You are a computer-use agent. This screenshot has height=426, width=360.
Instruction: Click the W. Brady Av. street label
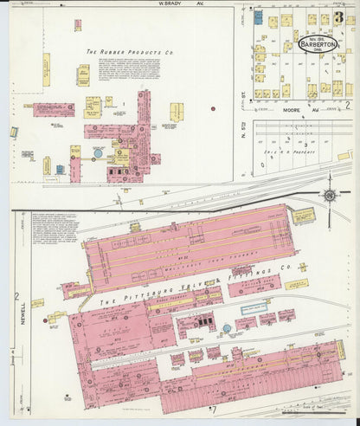click(x=173, y=3)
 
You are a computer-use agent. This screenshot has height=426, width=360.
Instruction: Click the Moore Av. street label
click(x=299, y=110)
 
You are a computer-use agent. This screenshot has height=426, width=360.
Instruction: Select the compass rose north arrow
click(x=329, y=194)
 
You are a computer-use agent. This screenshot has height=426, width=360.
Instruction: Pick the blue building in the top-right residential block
click(x=258, y=17)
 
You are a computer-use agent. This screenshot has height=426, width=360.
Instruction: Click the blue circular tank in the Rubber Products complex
click(x=98, y=152)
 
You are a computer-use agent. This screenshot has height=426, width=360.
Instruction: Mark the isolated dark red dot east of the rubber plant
click(x=213, y=109)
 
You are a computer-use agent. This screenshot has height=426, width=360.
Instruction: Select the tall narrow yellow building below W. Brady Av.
click(x=46, y=69)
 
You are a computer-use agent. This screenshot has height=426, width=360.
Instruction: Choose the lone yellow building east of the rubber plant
click(x=177, y=111)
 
